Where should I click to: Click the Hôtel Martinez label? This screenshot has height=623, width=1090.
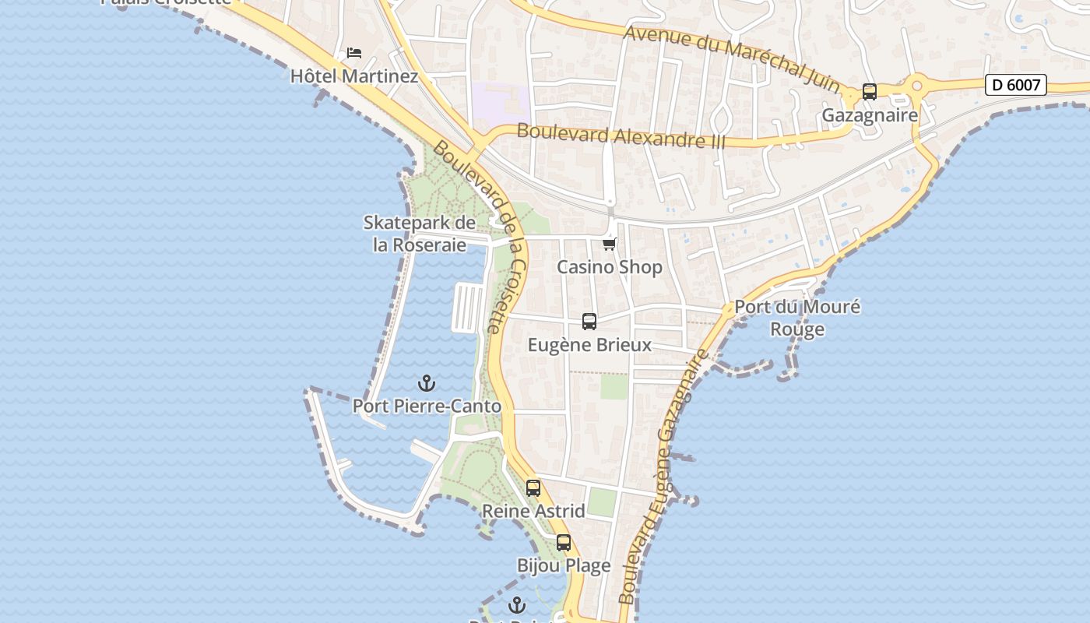[354, 76]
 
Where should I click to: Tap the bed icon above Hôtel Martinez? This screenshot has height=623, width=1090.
[354, 53]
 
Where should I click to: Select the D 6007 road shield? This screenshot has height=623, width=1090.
[1016, 85]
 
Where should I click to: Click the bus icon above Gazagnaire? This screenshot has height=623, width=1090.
[870, 92]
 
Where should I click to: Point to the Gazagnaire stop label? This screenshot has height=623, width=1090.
[870, 116]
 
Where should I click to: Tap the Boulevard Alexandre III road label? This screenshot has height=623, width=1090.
[621, 136]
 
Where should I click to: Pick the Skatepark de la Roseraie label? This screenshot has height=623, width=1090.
[420, 234]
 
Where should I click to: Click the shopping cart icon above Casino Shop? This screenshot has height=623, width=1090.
[610, 245]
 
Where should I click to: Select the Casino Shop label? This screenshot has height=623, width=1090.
[610, 267]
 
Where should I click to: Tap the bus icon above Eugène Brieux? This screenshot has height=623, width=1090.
[589, 322]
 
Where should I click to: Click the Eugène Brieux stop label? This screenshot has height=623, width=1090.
[589, 345]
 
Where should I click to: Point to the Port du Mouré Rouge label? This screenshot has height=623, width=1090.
[797, 318]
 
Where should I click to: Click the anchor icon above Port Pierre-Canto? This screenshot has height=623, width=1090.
[427, 383]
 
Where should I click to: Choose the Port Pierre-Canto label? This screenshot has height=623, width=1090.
[427, 407]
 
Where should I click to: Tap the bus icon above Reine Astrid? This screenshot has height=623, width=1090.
[533, 488]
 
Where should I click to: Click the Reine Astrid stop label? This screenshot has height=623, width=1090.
[533, 512]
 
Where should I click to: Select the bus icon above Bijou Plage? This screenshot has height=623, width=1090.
[564, 543]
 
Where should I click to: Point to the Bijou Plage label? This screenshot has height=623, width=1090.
[564, 566]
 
